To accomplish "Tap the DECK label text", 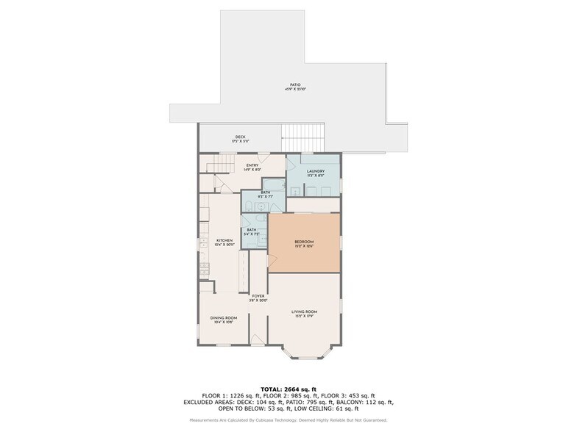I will click(x=240, y=137).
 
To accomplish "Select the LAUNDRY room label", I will click(x=316, y=172).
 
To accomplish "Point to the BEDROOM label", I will click(x=304, y=242).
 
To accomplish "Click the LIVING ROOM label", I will click(x=304, y=313).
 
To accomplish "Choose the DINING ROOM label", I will click(x=224, y=318).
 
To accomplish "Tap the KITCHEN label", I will click(x=224, y=241).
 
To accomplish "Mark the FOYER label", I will click(x=258, y=297).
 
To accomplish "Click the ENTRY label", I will click(x=252, y=165).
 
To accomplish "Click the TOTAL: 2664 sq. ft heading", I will click(x=288, y=389).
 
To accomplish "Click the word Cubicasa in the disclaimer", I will click(x=275, y=420).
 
